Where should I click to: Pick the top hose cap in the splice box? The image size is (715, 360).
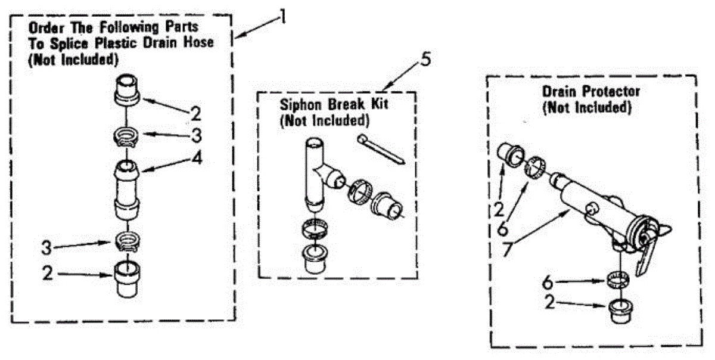click(126, 89)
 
